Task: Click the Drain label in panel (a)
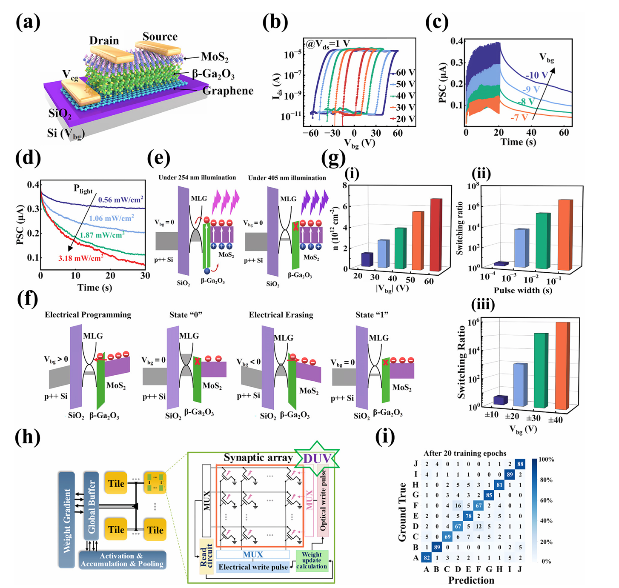[104, 40]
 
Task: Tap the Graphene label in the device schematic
[228, 91]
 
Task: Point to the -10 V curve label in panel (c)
[537, 75]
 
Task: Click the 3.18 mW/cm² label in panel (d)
[80, 258]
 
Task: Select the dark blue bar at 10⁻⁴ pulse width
[501, 264]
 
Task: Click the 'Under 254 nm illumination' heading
[197, 177]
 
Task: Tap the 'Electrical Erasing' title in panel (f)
[281, 315]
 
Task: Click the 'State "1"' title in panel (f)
[372, 315]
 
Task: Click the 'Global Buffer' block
[91, 506]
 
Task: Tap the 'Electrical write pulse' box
[253, 567]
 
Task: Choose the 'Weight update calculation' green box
[312, 560]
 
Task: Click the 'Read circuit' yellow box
[206, 555]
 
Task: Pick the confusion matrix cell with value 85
[489, 495]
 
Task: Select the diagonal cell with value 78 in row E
[468, 516]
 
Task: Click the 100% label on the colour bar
[546, 460]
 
